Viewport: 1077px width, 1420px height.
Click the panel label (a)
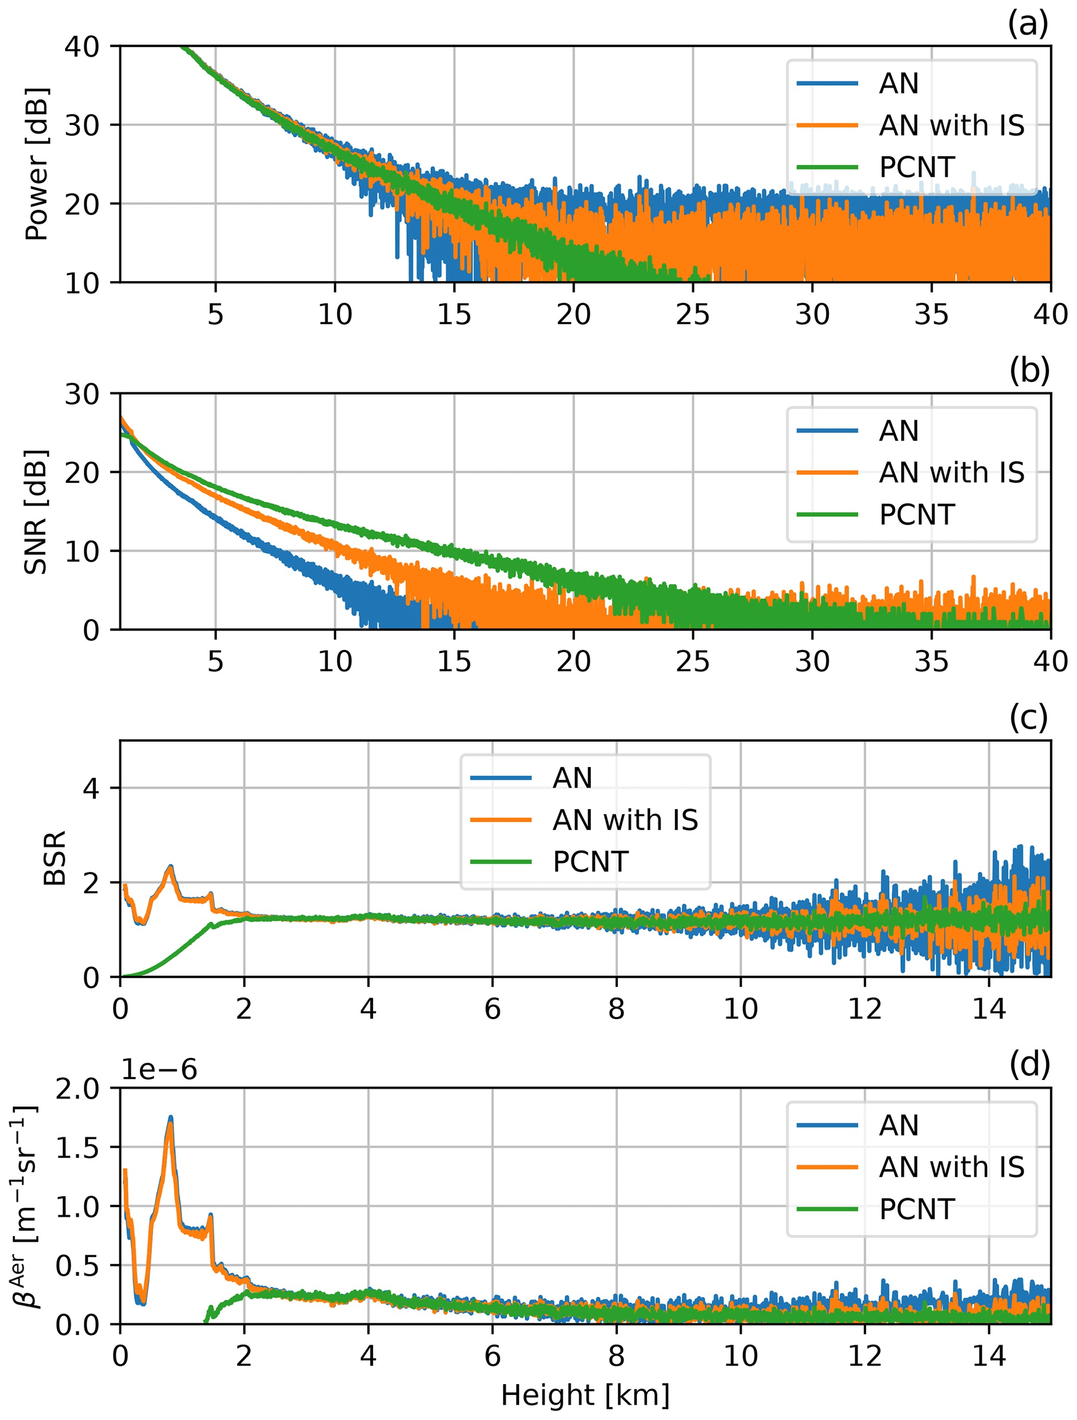[1028, 24]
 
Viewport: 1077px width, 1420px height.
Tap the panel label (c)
[1028, 718]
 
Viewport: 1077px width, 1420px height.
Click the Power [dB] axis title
[36, 165]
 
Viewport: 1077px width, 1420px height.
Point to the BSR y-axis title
[55, 858]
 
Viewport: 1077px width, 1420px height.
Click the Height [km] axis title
[585, 1395]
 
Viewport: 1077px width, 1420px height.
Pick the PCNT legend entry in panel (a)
[917, 168]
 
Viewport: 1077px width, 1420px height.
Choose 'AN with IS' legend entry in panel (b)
[951, 472]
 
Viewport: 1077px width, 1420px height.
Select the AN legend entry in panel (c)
[572, 778]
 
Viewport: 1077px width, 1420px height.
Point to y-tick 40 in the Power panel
[82, 46]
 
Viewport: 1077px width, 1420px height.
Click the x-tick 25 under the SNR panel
[692, 661]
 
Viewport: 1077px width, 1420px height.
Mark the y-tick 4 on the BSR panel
[91, 788]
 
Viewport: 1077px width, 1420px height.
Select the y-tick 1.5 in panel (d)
[77, 1147]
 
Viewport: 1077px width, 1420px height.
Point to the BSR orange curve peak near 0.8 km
[170, 868]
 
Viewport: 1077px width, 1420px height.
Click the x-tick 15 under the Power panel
[454, 315]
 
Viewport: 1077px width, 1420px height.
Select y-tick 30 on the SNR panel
[82, 394]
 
